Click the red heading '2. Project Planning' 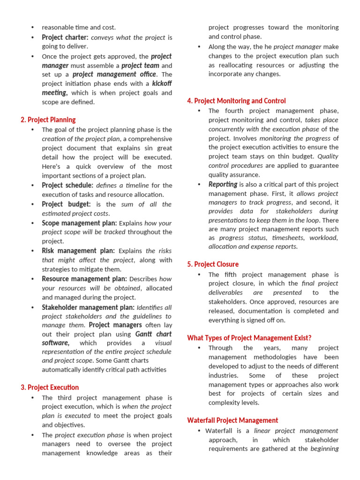(x=48, y=120)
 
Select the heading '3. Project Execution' (x=50, y=387)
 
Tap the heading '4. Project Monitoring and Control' (x=236, y=101)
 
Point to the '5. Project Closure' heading (x=213, y=264)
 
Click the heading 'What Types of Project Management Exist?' (x=249, y=337)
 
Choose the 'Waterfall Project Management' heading (x=232, y=420)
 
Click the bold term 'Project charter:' (x=65, y=37)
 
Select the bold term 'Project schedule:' (x=67, y=185)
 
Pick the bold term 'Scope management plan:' (x=79, y=223)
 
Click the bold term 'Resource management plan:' (x=84, y=279)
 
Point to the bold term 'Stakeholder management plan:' (x=88, y=307)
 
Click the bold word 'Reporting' (x=223, y=184)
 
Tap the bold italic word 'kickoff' (x=162, y=83)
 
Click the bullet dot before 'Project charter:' (x=32, y=37)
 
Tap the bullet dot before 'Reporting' (x=199, y=184)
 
